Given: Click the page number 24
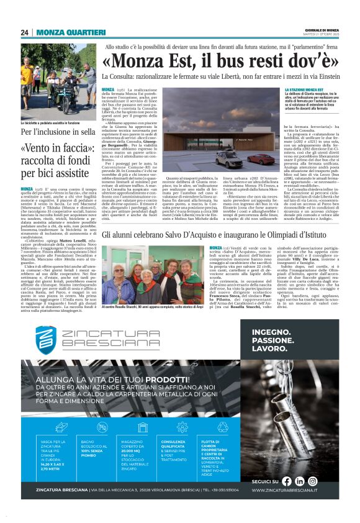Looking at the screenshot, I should (x=25, y=32).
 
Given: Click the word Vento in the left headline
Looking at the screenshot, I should (x=38, y=149).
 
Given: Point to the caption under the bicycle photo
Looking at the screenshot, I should (x=51, y=123).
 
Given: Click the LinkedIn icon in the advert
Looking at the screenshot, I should (x=300, y=480).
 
